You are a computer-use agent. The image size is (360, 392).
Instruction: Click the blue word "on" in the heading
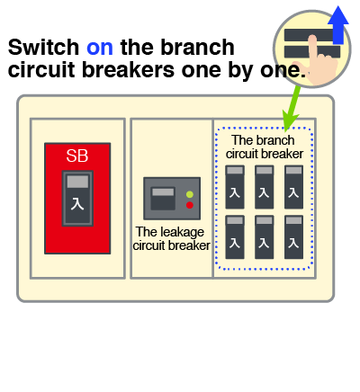coord(100,48)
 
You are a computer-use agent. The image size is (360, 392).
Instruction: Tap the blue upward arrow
coord(338,25)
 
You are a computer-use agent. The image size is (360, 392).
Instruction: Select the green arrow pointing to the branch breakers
coord(292,109)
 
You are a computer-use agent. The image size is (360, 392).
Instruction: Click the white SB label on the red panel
coord(77,156)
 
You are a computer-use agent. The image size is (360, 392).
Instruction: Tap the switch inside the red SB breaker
coord(77,199)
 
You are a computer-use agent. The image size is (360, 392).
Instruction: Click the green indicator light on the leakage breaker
coord(190,194)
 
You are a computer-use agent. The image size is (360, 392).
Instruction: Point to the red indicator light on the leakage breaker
coord(190,205)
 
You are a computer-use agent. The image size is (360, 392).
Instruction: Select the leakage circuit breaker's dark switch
coord(163,199)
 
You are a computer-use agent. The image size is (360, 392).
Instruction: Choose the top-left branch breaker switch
coord(235,187)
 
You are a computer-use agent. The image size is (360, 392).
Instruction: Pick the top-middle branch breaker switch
coord(264,187)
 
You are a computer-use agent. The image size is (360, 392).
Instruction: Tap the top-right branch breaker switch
coord(293,187)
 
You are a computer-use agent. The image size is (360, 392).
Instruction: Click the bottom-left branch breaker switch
coord(235,237)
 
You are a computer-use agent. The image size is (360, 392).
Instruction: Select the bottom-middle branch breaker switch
coord(264,237)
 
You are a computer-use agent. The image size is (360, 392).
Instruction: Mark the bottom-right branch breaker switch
coord(293,237)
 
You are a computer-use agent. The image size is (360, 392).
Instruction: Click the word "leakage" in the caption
coord(183,233)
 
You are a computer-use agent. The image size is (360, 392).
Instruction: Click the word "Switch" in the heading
coord(43,48)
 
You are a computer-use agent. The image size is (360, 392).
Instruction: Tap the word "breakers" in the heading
coord(128,70)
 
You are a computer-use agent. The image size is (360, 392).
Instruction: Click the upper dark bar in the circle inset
coord(309,35)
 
